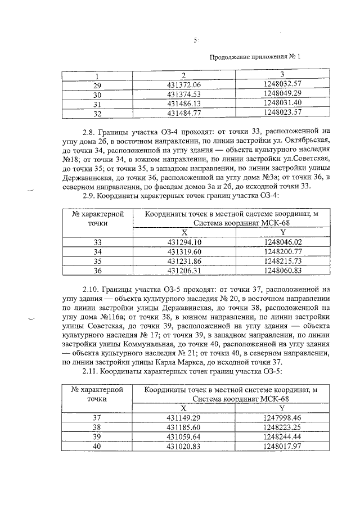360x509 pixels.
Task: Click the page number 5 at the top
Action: (x=195, y=41)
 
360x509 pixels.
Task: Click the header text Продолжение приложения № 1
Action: (x=255, y=57)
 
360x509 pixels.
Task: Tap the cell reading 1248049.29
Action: (x=282, y=93)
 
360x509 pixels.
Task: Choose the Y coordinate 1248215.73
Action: (x=282, y=260)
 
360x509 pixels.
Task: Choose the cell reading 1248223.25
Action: (x=282, y=427)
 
